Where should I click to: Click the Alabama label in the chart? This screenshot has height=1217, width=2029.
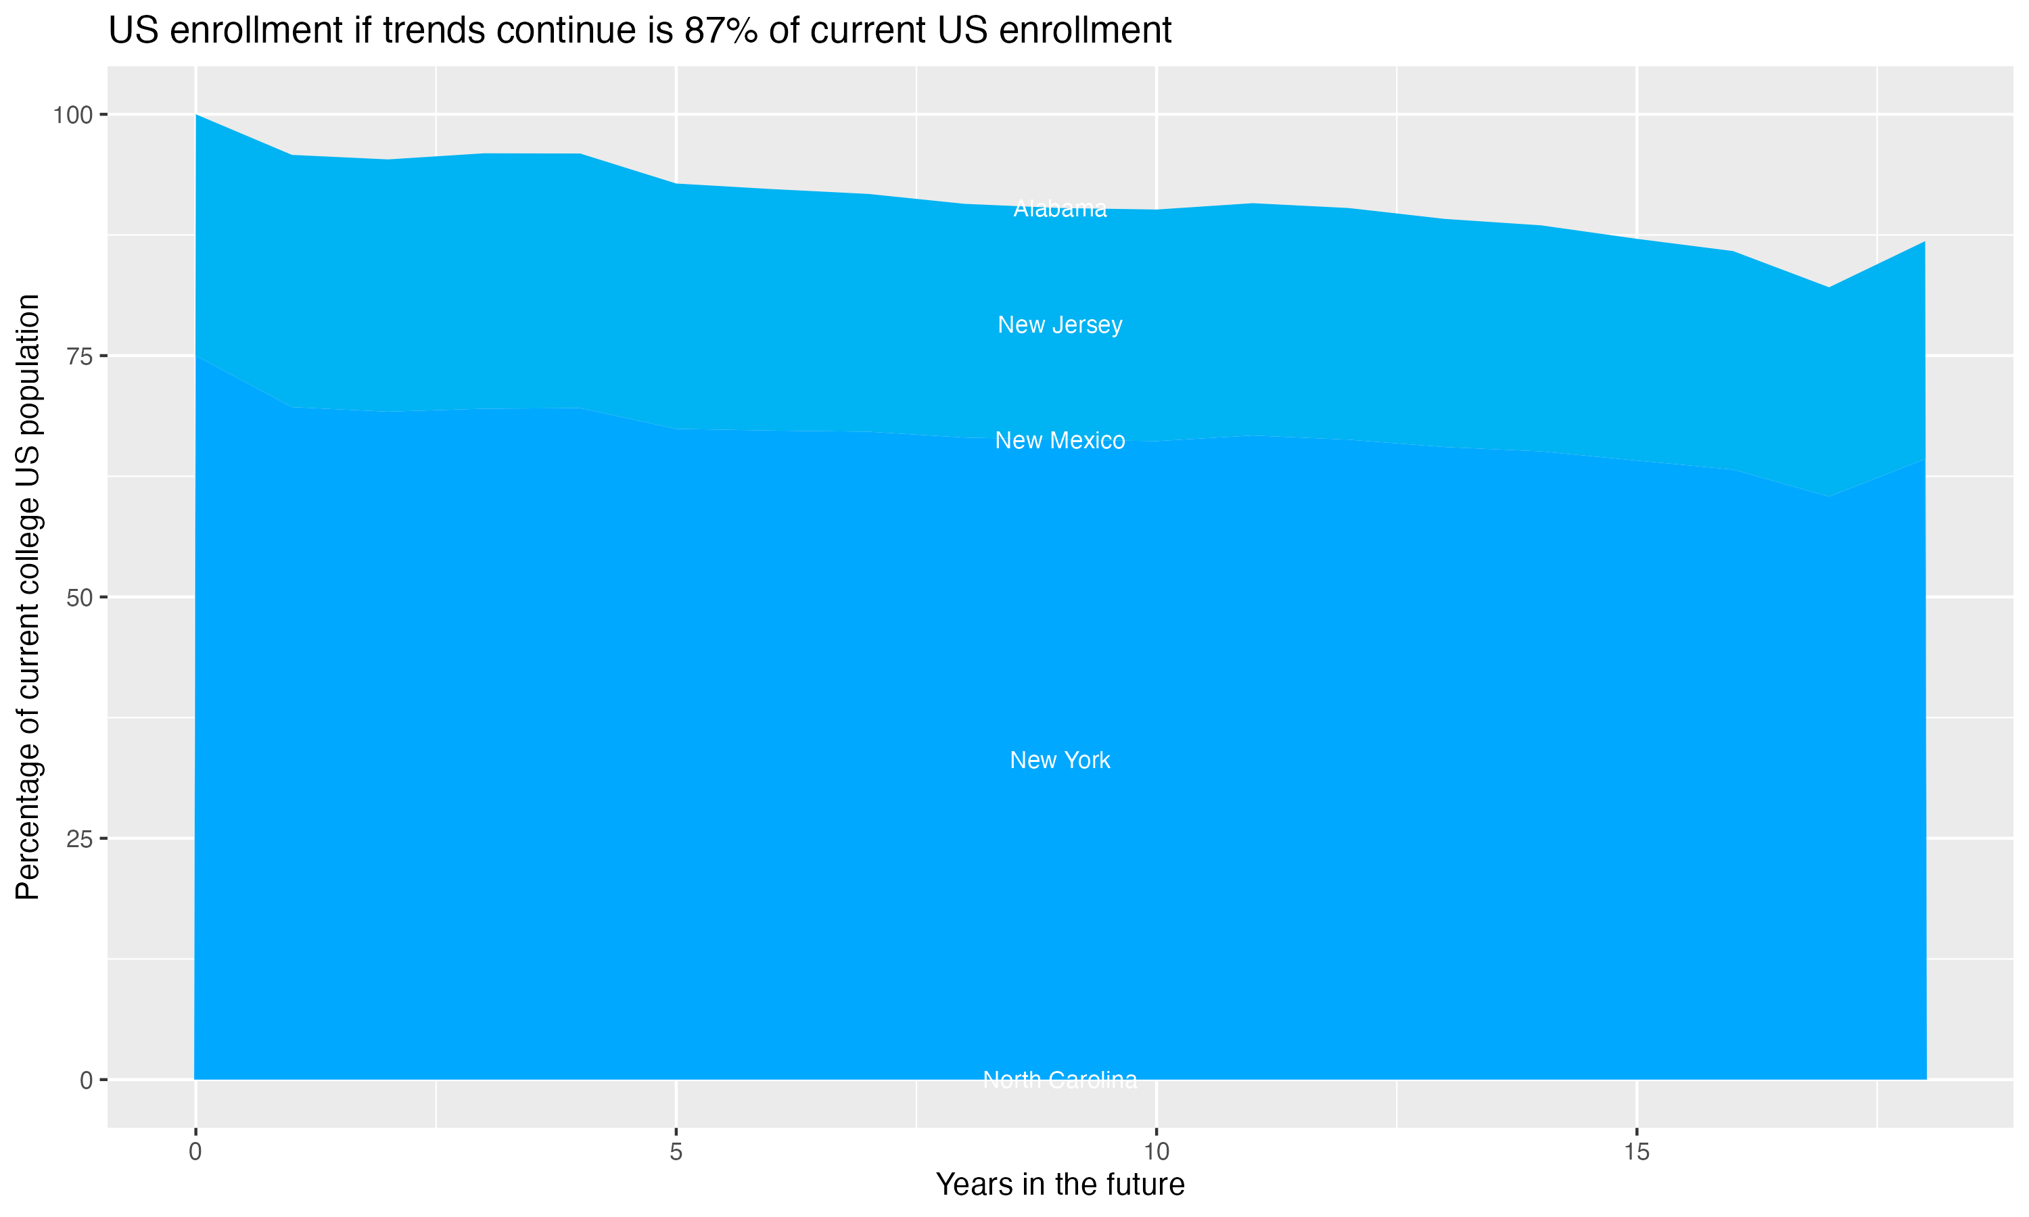pos(1060,209)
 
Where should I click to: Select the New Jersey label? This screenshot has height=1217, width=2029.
pos(1060,325)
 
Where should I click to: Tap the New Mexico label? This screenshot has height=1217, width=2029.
pos(1060,440)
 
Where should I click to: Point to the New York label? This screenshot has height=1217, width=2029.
pos(1060,760)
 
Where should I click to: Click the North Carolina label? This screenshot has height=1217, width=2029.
pos(1060,1080)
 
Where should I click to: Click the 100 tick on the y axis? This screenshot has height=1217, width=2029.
pos(72,115)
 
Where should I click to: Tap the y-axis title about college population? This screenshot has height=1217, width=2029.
pos(28,597)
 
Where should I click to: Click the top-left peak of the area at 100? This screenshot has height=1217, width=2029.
pos(196,116)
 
